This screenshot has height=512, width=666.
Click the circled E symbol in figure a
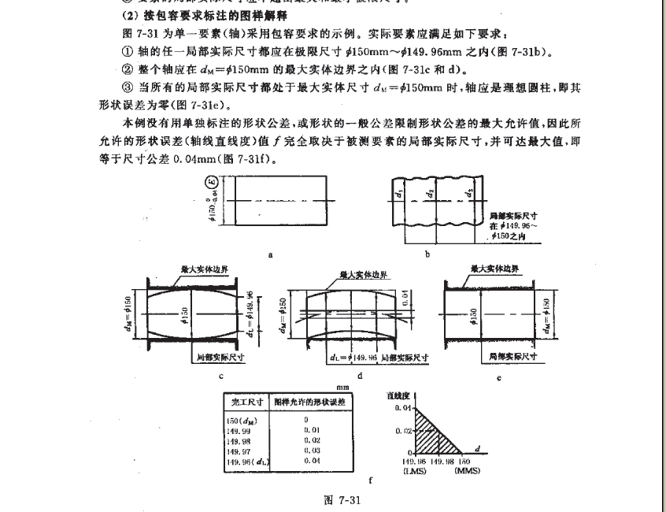pos(213,187)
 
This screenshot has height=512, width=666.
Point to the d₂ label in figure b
pos(429,192)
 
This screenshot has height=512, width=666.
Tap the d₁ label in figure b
pos(400,193)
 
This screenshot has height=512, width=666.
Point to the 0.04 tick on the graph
pos(403,408)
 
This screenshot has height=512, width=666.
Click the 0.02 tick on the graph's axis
pos(403,431)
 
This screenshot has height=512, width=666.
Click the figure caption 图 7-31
pos(340,499)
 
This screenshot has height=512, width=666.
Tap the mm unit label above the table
pos(342,388)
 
